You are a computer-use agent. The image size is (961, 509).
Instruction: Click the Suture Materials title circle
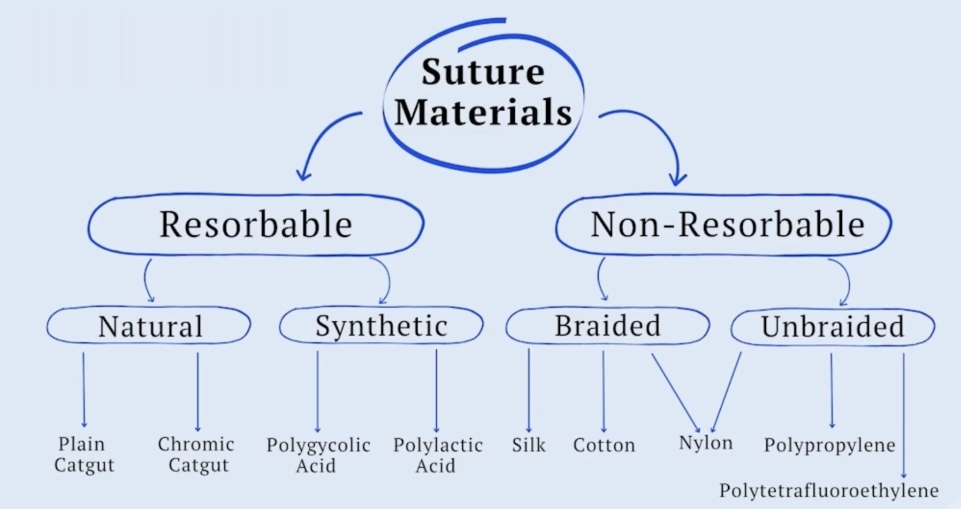tap(483, 94)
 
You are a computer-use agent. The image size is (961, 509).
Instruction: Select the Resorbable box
tap(256, 224)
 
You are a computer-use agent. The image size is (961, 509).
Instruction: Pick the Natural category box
tap(149, 326)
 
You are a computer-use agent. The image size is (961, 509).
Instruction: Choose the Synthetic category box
tap(381, 326)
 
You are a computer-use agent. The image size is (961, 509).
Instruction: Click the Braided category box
tap(607, 326)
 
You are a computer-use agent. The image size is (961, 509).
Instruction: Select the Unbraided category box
tap(832, 327)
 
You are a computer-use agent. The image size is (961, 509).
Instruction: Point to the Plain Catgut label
tap(84, 455)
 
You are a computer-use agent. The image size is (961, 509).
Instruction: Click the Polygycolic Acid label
tap(318, 455)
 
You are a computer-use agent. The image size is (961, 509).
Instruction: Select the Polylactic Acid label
tap(437, 455)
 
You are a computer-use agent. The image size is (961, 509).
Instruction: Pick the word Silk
tap(529, 445)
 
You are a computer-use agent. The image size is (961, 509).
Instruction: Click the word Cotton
tap(604, 445)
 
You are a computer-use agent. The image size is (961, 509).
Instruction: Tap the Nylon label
tap(705, 443)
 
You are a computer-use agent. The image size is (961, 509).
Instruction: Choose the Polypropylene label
tap(830, 445)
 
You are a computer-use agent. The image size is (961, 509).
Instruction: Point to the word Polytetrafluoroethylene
tap(829, 491)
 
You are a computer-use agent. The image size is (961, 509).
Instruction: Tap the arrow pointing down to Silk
tap(529, 390)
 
